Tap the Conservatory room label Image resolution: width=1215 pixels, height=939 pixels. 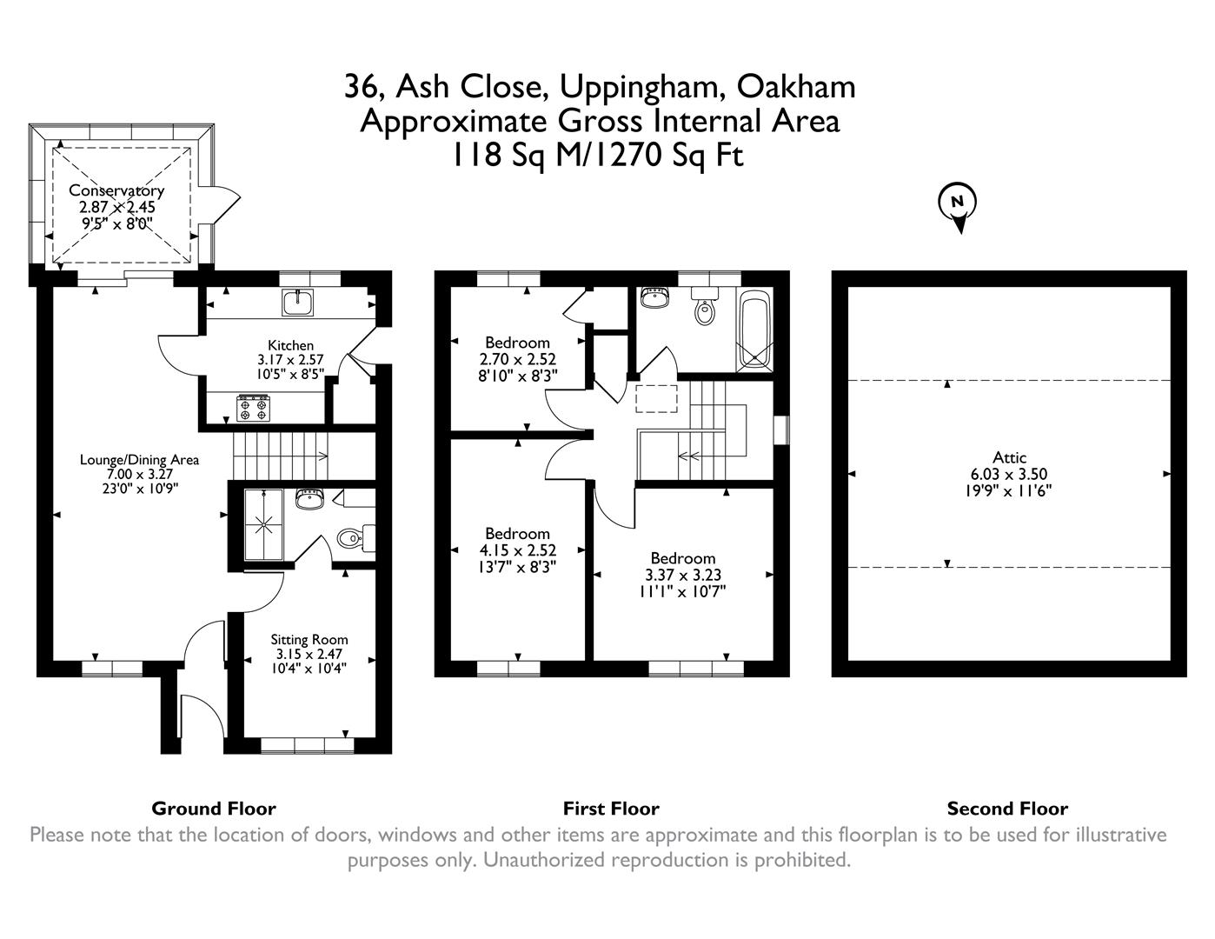tap(116, 190)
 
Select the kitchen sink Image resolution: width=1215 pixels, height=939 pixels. tap(298, 303)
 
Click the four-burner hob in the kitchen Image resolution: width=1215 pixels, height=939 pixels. tap(253, 408)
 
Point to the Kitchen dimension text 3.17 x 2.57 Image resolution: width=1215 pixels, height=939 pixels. tap(290, 360)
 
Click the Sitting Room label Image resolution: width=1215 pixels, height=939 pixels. tap(309, 639)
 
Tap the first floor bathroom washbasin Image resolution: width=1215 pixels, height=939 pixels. tap(653, 297)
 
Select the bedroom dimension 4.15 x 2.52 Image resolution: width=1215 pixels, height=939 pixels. tap(517, 550)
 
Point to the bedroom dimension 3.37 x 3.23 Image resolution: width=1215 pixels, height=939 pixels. tap(682, 575)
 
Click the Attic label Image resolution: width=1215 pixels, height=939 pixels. tap(1009, 457)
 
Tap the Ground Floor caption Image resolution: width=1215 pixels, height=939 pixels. tap(213, 809)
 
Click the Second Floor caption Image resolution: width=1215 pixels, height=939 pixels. tap(1007, 809)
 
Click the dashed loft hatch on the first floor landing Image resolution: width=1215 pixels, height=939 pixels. tap(656, 398)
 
